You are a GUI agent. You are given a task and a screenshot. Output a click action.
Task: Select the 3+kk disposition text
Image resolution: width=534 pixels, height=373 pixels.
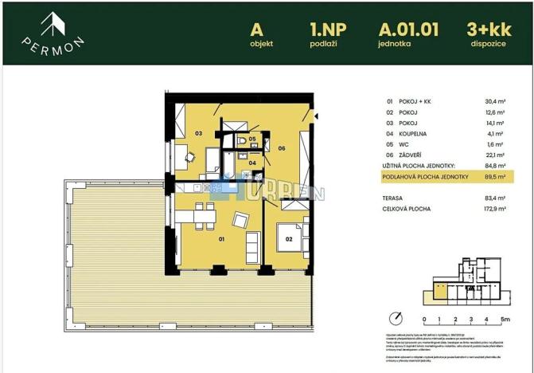click(x=488, y=29)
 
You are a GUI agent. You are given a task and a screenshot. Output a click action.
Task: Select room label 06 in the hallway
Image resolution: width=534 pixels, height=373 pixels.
click(x=282, y=147)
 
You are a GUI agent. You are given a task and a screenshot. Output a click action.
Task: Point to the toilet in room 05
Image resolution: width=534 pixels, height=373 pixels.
click(x=242, y=143)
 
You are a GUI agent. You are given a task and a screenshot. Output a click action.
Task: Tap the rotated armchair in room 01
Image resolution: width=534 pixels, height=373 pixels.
click(x=240, y=220)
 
